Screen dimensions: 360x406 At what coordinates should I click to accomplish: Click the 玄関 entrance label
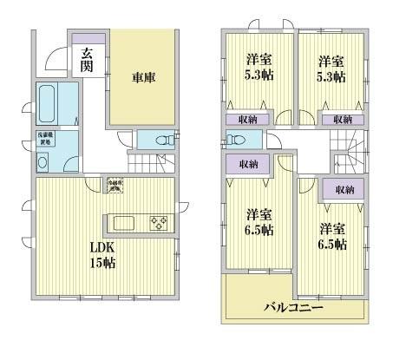(x=88, y=60)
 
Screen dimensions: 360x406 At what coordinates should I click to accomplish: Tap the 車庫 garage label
(x=142, y=77)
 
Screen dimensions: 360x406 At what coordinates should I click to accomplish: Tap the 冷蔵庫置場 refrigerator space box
(x=114, y=184)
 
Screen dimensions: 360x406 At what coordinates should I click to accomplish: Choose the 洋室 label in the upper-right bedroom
(x=328, y=61)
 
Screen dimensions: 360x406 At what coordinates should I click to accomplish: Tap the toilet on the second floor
(x=235, y=141)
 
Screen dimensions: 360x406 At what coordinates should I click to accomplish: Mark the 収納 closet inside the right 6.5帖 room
(x=344, y=190)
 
